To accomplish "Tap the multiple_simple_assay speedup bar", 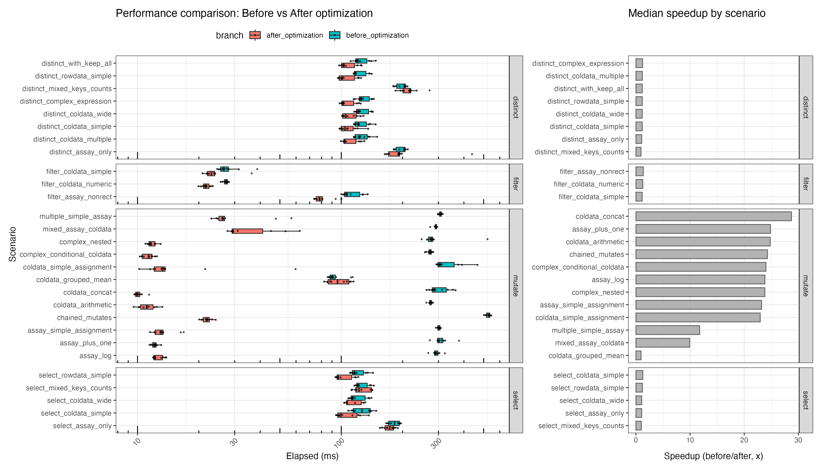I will (667, 330).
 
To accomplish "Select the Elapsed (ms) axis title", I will (312, 456).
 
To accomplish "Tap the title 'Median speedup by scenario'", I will (697, 13).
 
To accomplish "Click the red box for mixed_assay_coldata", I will (247, 231).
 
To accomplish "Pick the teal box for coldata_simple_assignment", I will (446, 265).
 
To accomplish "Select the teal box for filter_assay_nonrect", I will (352, 194).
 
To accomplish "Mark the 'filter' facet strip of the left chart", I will (516, 184).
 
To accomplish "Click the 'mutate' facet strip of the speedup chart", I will (806, 286).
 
